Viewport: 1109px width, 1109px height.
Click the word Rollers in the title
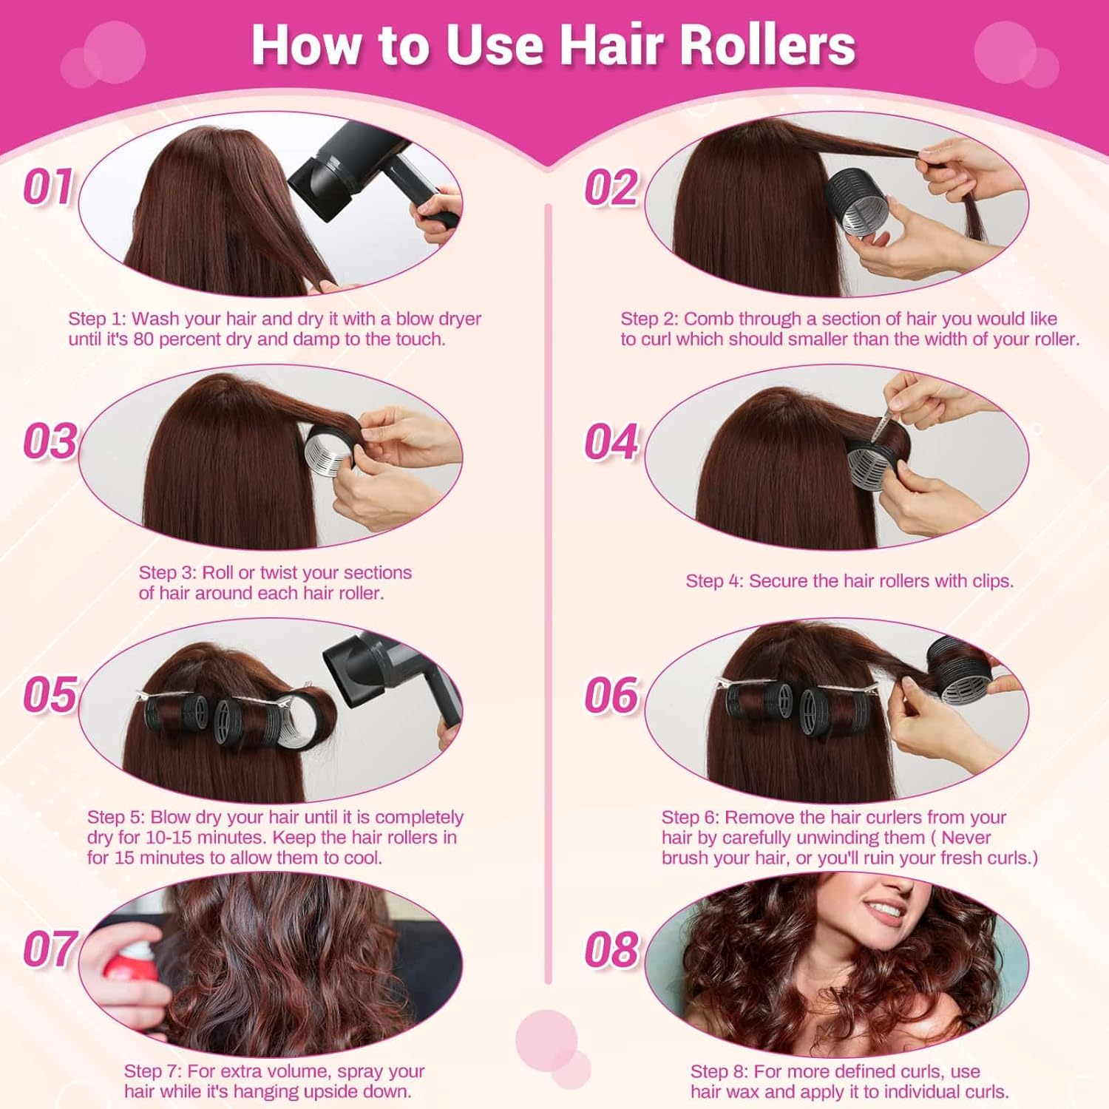767,45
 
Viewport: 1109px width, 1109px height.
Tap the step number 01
48,186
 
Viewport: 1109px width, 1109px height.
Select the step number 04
611,441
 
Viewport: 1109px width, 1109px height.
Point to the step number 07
50,949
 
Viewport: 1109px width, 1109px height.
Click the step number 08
611,949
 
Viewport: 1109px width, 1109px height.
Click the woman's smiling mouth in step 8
884,908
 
